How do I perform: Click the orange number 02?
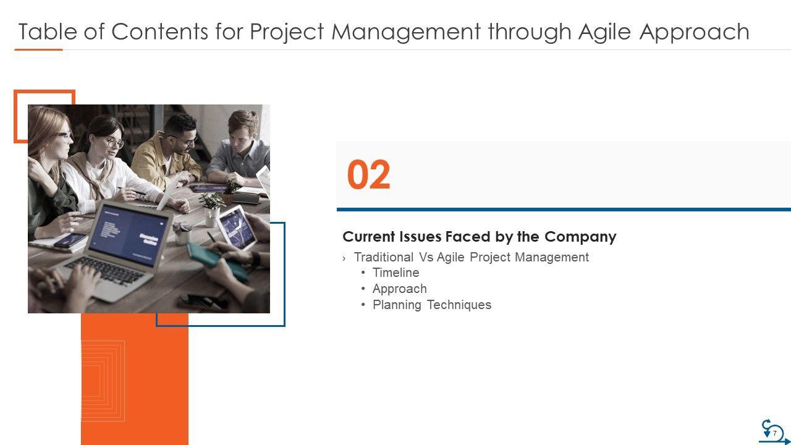369,174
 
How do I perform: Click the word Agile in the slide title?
604,32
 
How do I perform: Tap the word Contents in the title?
160,32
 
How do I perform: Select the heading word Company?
580,237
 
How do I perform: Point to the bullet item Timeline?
396,273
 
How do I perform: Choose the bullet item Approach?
400,289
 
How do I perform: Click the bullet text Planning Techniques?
432,305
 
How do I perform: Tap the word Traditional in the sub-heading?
384,257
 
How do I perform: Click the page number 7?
775,433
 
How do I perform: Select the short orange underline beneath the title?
38,50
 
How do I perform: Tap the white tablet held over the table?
237,228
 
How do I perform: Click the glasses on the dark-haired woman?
115,142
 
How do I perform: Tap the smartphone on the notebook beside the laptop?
70,240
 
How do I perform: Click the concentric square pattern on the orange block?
103,381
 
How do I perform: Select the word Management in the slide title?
406,32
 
